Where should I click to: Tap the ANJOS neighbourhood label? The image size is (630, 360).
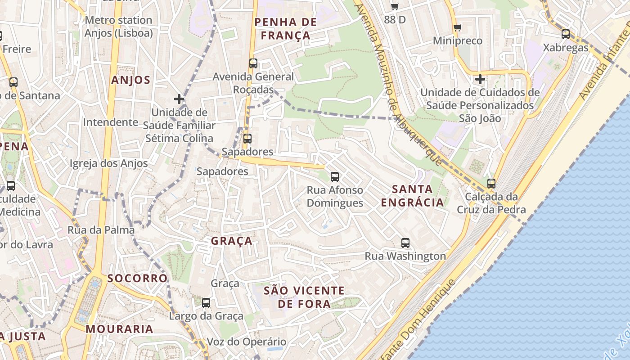coord(130,80)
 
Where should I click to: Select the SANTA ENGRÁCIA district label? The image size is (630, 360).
coord(412,196)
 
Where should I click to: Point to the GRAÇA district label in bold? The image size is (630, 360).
coord(232,241)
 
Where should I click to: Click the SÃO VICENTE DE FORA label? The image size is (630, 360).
coord(304,297)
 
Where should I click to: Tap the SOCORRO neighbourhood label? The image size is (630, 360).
coord(137,278)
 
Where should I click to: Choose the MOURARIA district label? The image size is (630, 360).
coord(120,329)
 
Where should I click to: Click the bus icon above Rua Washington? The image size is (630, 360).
coord(405,243)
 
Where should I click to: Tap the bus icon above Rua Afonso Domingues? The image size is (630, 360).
coord(335,177)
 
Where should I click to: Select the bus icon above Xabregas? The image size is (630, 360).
coord(566,34)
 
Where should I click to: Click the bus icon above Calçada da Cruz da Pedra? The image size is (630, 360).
coord(491,184)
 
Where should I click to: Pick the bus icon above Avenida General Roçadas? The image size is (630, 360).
coord(253,63)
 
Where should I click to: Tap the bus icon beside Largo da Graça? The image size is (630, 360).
coord(206,303)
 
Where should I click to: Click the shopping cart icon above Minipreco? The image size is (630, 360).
coord(458,28)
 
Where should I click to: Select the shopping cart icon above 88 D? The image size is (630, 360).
coord(395,6)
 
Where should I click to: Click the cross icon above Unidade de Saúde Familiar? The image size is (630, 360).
coord(179,99)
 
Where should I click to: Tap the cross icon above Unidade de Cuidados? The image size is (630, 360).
coord(480,80)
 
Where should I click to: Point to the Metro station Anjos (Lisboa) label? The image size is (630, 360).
coord(118,27)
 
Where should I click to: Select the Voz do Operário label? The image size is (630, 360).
coord(246,342)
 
